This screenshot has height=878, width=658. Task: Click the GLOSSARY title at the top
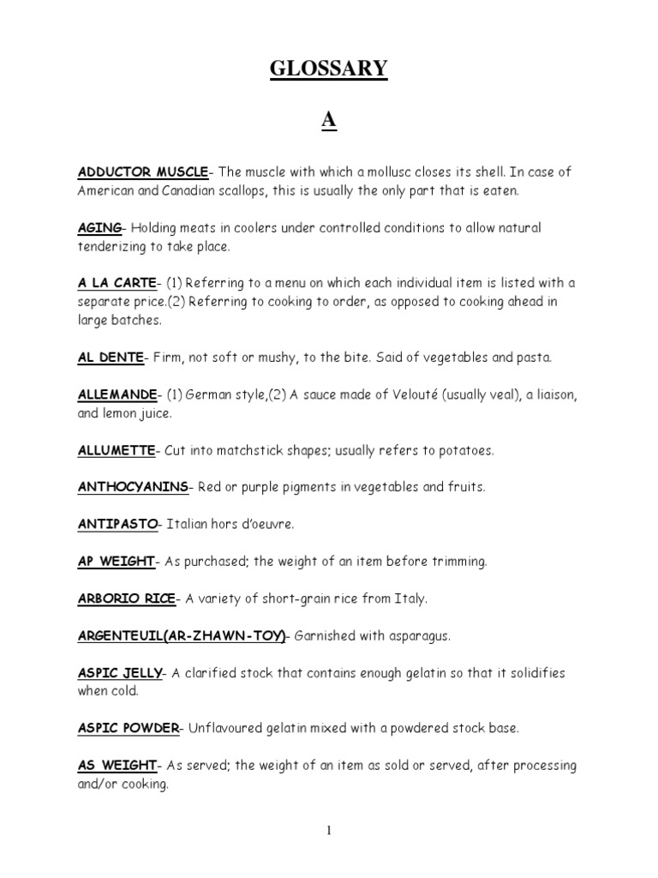(x=329, y=69)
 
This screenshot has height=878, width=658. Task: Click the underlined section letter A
(x=329, y=123)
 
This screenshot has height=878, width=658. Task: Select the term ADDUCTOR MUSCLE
(x=143, y=172)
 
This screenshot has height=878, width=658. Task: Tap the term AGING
(x=100, y=228)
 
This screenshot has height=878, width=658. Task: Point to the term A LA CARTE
(x=117, y=283)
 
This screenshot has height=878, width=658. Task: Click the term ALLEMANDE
(x=117, y=394)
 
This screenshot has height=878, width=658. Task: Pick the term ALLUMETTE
(x=117, y=450)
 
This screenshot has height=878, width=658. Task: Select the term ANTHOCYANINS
(x=133, y=487)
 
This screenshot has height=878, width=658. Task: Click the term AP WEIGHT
(x=116, y=562)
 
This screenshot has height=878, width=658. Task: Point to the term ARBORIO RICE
(x=126, y=598)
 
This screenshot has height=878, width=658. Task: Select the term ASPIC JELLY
(x=120, y=673)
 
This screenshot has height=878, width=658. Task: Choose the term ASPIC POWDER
(x=129, y=729)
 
